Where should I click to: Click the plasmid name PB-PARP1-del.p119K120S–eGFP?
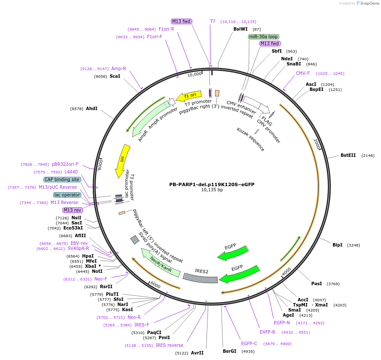212,184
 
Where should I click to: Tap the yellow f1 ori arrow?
187,97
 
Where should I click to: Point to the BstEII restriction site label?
348,156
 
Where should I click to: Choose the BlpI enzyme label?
337,245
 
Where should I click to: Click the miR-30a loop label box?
263,37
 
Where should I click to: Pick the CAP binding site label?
62,179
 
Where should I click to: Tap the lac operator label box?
67,195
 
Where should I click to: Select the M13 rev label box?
72,210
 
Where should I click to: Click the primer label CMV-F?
303,73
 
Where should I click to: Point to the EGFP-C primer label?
249,343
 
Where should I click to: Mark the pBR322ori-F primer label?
65,164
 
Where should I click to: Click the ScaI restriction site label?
115,77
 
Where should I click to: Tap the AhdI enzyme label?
91,109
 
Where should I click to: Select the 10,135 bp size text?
212,190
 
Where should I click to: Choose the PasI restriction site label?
316,283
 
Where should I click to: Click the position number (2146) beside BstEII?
368,156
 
